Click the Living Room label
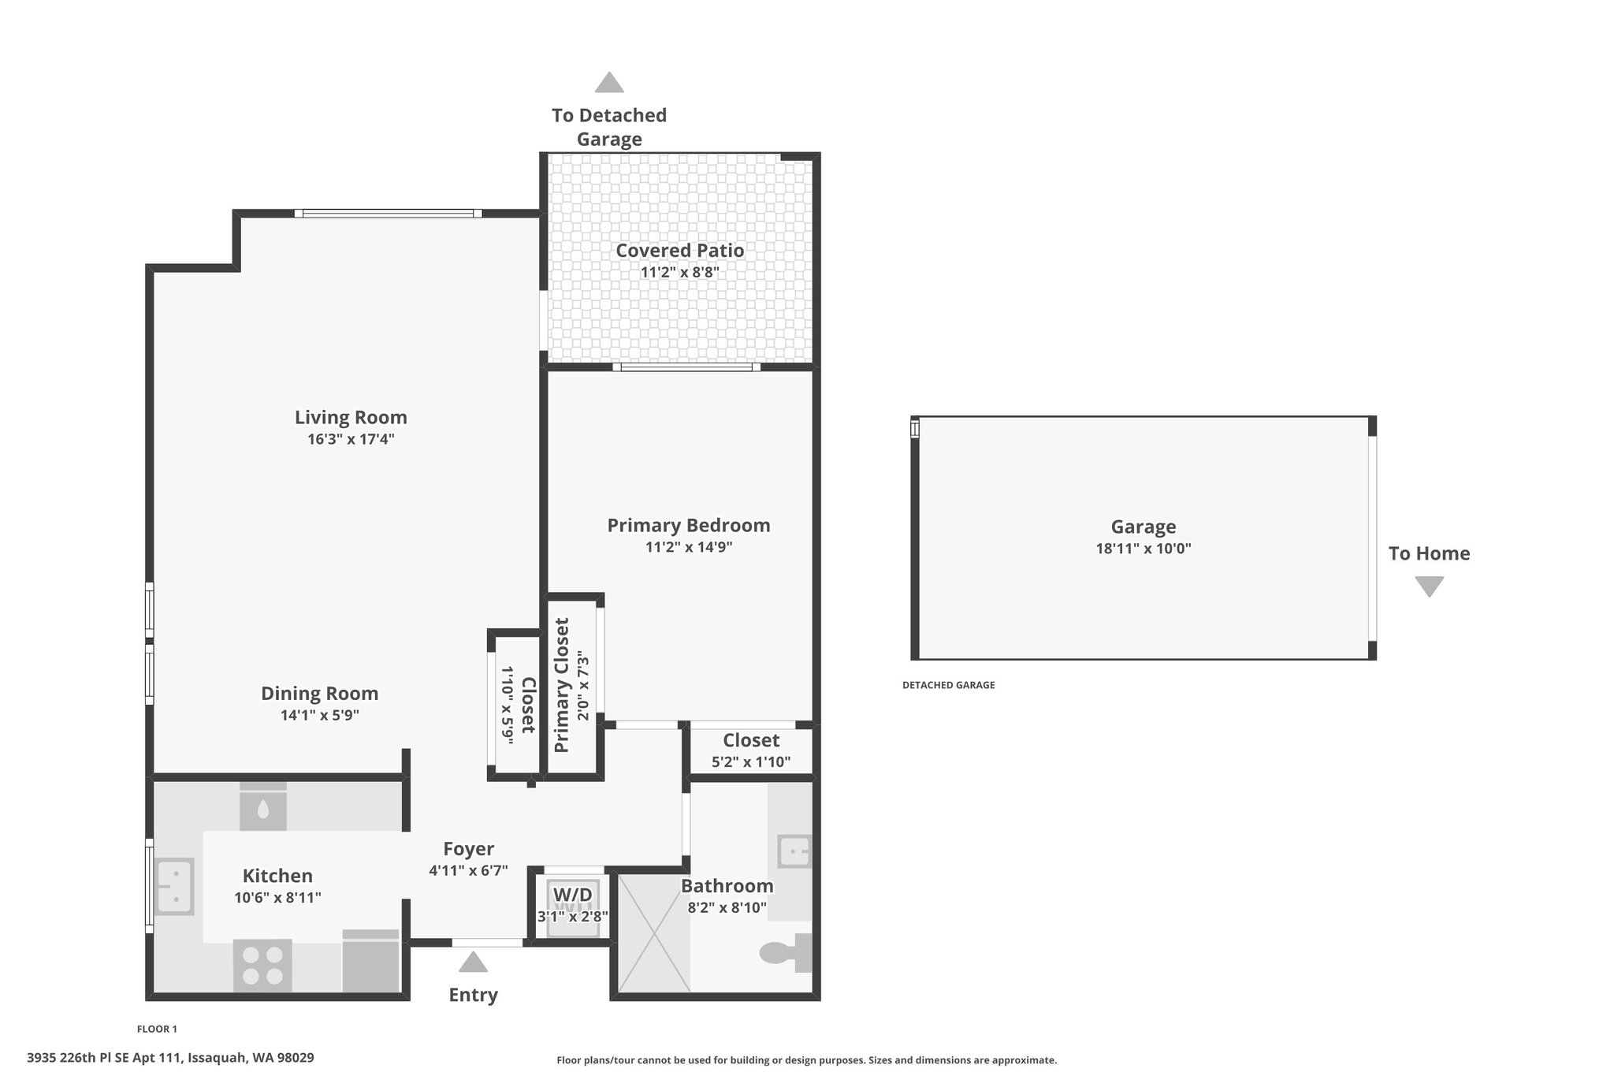pos(351,417)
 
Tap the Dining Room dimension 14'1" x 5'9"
pos(320,716)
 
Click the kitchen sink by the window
pos(174,886)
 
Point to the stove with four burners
pos(262,965)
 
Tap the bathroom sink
pos(794,851)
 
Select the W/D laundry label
pos(573,895)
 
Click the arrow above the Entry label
pos(473,962)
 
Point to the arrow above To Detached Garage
pos(609,82)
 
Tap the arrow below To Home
pos(1430,586)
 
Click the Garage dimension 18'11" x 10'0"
pos(1144,549)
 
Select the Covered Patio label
pos(680,250)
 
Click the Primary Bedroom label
pos(689,525)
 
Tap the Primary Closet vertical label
pos(562,685)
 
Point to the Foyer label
pos(469,849)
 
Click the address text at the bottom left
pos(170,1058)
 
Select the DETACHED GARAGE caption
pos(949,686)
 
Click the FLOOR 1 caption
pos(158,1029)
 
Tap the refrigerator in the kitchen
pos(370,961)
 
